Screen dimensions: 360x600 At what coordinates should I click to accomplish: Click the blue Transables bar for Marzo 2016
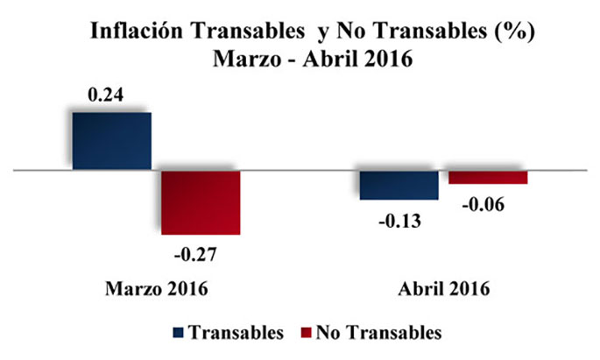(x=112, y=141)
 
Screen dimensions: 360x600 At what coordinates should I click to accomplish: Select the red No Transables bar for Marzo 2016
(x=201, y=201)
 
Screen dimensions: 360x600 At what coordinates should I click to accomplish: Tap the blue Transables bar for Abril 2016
(x=399, y=185)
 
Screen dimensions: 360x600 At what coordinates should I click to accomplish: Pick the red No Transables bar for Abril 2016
(x=488, y=177)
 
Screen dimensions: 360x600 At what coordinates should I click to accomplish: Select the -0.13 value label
(x=399, y=221)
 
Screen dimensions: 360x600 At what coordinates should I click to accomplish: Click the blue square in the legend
(x=179, y=333)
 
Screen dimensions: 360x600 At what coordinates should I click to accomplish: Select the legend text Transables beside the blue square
(x=236, y=333)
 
